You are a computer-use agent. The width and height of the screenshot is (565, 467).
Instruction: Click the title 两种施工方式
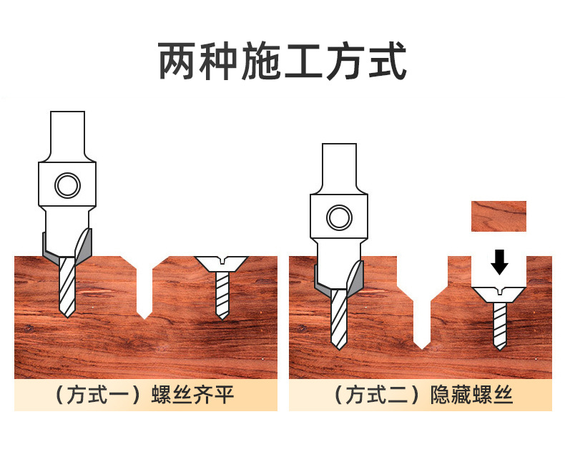[282, 62]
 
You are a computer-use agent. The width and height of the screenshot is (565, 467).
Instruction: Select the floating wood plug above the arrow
[498, 216]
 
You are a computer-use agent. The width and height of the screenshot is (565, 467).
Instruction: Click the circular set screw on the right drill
[338, 217]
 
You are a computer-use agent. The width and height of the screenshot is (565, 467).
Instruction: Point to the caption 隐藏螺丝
[472, 395]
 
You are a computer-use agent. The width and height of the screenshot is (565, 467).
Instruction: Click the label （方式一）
[100, 395]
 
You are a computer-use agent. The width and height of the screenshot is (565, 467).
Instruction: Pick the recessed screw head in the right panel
[500, 293]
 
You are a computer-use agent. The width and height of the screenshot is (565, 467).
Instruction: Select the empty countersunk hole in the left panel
[144, 286]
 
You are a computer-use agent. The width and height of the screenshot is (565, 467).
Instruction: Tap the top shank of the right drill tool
[338, 166]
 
